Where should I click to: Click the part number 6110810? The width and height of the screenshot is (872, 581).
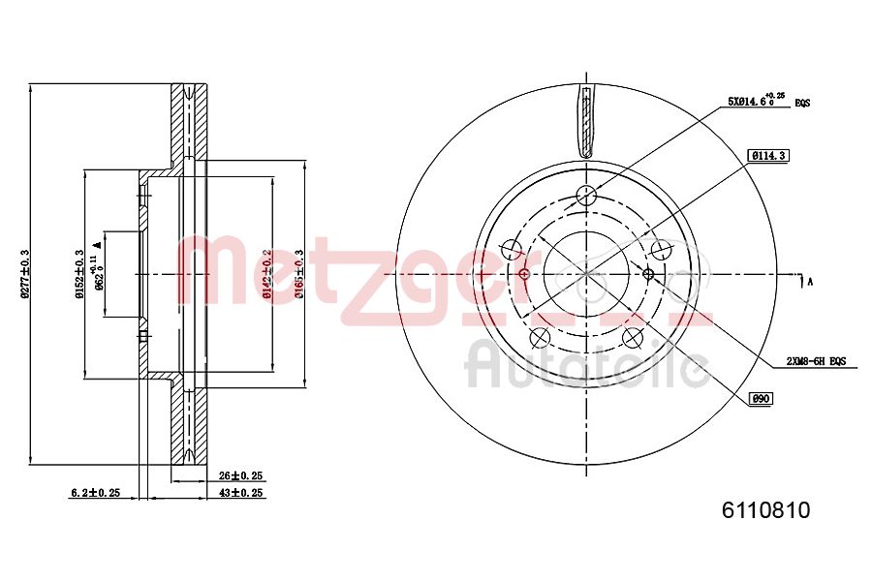pos(764,510)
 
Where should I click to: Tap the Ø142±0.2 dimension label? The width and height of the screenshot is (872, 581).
pos(266,274)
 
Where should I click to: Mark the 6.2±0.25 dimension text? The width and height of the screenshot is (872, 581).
pos(95,493)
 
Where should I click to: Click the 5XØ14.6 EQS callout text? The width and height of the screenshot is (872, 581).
pos(761,101)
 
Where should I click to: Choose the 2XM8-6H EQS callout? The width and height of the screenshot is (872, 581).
pos(816,361)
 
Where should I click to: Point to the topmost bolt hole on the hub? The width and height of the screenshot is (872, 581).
pos(585,195)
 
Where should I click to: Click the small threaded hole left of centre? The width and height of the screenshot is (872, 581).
pos(524,274)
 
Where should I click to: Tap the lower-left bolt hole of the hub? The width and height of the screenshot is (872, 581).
pos(540,337)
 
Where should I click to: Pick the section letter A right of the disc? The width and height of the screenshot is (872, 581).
pos(810,282)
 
